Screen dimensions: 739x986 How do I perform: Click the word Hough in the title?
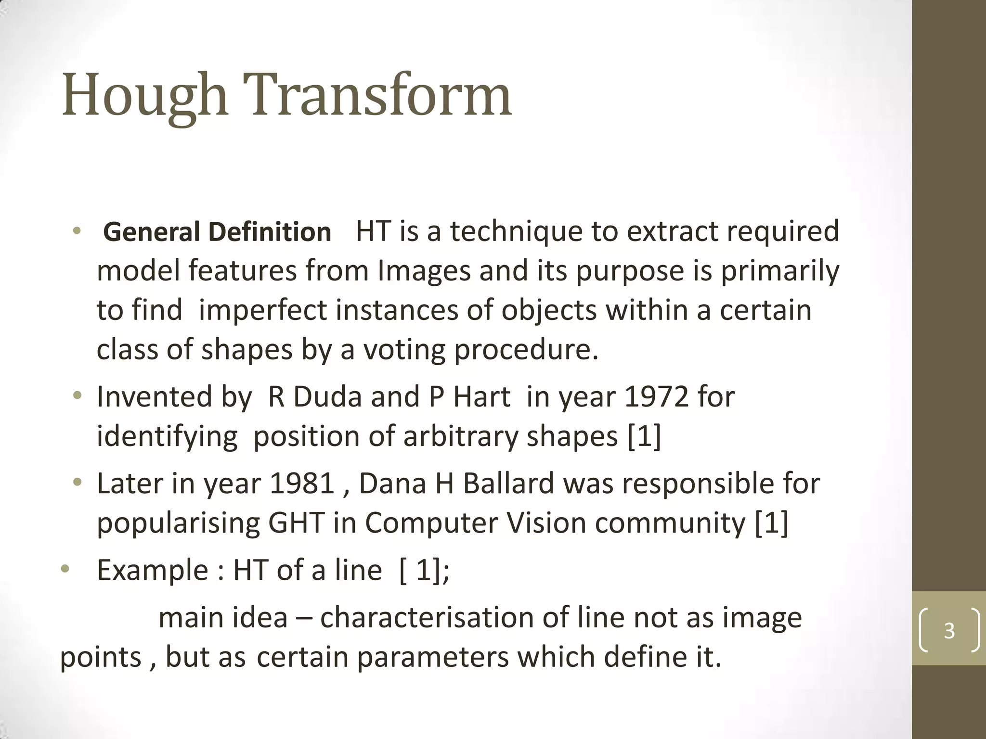[x=144, y=95]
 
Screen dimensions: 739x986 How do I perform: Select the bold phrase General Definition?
[x=217, y=232]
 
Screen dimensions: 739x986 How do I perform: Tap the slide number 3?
[x=949, y=630]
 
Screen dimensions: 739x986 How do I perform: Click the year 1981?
[x=302, y=484]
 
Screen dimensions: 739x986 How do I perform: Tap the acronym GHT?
[x=296, y=523]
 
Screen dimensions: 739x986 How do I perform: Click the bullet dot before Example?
[x=65, y=570]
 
